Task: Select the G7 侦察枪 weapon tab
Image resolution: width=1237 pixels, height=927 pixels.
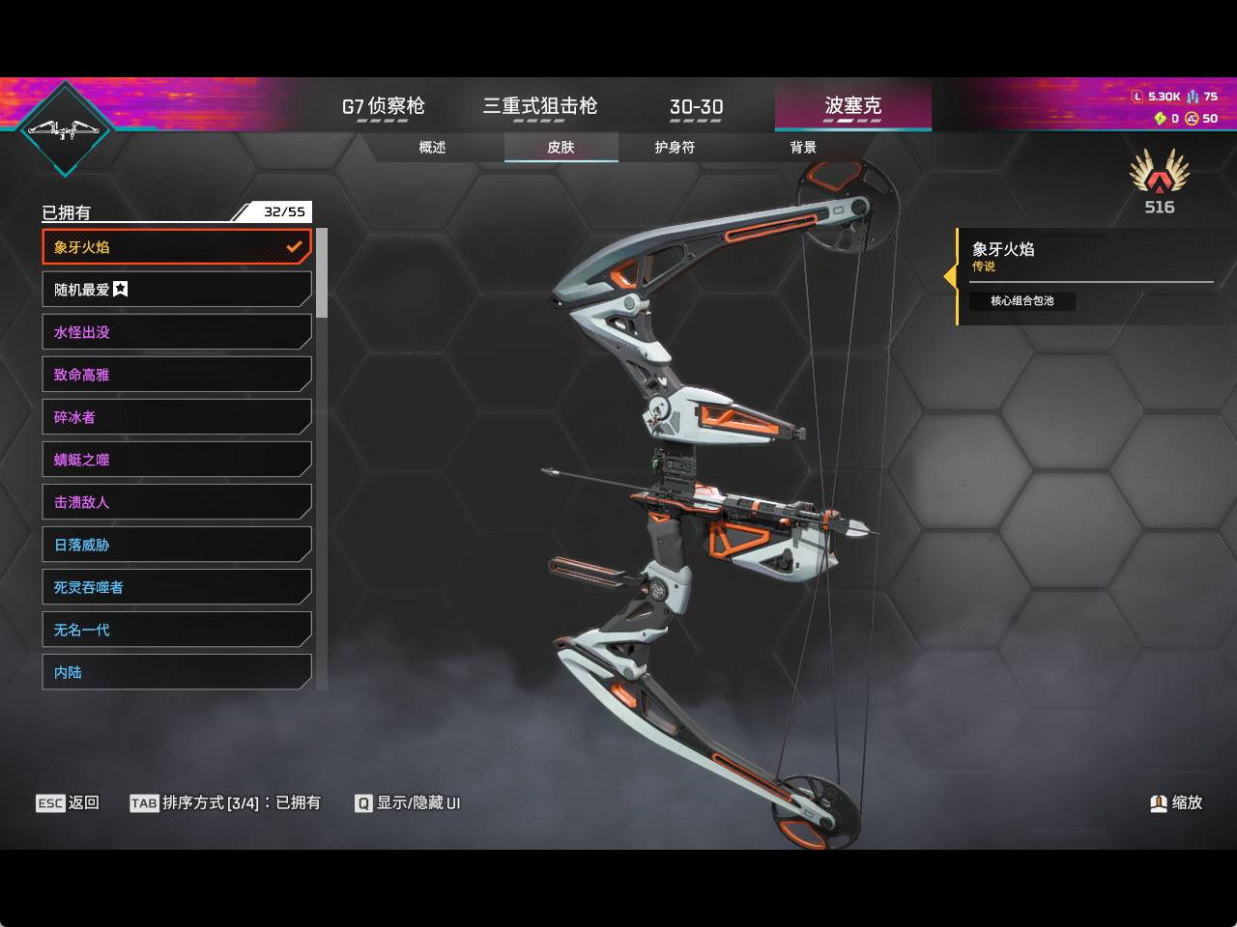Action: click(x=383, y=106)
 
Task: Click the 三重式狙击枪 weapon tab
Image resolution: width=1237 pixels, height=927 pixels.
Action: click(x=540, y=106)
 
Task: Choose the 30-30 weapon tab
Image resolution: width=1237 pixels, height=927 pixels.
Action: click(x=696, y=106)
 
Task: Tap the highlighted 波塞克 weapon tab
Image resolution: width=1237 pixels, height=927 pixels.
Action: click(x=852, y=105)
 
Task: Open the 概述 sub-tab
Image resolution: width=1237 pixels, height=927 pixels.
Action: click(x=432, y=148)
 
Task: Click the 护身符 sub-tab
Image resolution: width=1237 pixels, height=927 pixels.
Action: click(x=675, y=148)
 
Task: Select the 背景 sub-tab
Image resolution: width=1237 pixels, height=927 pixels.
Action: click(x=803, y=148)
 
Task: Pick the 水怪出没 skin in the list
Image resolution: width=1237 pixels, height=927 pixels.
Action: click(x=177, y=331)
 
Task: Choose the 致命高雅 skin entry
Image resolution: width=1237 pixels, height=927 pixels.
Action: click(x=177, y=375)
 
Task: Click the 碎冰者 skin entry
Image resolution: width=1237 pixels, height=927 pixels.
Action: click(x=177, y=416)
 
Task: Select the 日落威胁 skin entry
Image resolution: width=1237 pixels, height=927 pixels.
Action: click(x=177, y=545)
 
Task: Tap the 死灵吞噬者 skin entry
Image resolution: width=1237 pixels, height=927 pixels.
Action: click(x=177, y=587)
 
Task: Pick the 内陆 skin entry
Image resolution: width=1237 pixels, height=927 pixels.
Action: click(x=177, y=672)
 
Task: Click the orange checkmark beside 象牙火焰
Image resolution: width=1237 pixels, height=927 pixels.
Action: click(x=294, y=246)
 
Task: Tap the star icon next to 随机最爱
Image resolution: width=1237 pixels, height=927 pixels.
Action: click(x=121, y=289)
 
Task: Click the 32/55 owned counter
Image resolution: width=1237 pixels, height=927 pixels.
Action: click(x=284, y=211)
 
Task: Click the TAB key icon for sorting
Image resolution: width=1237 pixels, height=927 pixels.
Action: click(x=144, y=803)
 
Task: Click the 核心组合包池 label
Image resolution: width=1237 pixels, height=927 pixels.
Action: click(x=1021, y=300)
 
